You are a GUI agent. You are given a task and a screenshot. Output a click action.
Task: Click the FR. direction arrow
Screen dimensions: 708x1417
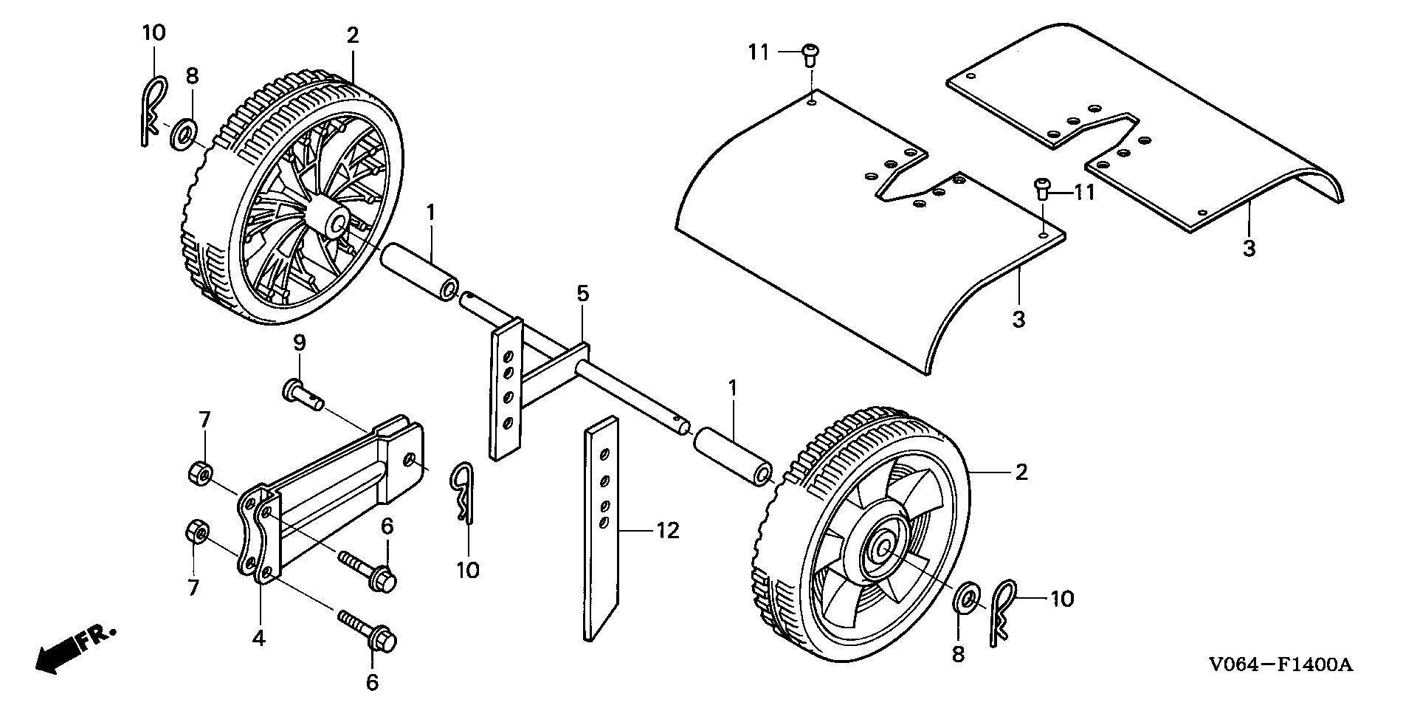[74, 647]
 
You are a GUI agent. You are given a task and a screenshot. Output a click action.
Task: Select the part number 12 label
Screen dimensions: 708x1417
[667, 531]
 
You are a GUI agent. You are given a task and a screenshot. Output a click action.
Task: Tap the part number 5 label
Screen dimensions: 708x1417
[583, 294]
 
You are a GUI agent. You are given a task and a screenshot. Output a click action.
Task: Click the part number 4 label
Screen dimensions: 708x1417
[258, 638]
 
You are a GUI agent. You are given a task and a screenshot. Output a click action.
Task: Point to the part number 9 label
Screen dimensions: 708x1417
[299, 343]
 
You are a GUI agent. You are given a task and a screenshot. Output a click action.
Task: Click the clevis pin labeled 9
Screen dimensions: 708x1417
[303, 393]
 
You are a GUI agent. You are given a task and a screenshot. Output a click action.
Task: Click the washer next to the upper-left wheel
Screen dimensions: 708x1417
[185, 135]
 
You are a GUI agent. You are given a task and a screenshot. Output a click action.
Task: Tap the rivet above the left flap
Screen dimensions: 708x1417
[810, 56]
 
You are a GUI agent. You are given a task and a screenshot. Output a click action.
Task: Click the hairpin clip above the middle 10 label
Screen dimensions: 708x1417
[461, 492]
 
